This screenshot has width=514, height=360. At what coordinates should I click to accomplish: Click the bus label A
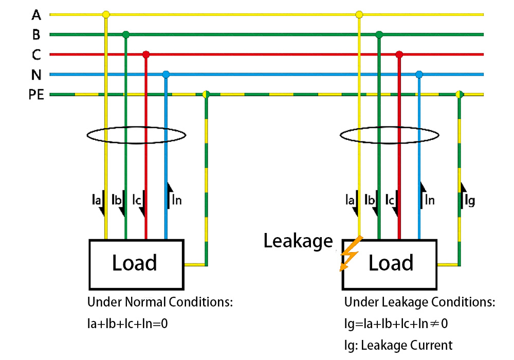(36, 14)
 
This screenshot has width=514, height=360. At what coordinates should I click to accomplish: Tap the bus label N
(36, 75)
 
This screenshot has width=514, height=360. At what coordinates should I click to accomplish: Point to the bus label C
(36, 55)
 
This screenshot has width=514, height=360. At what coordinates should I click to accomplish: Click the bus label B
(36, 34)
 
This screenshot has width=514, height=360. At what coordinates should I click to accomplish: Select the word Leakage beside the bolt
(298, 241)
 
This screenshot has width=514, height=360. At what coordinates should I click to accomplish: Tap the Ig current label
(469, 201)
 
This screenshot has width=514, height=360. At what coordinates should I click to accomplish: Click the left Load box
(137, 264)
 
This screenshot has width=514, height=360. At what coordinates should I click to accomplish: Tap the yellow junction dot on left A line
(106, 14)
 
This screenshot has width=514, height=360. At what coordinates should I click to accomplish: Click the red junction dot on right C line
(399, 55)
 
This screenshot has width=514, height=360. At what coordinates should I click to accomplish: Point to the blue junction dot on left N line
(166, 75)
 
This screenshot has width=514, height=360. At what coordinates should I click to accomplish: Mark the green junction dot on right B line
(379, 34)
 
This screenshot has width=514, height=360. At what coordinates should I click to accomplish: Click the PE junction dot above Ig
(459, 95)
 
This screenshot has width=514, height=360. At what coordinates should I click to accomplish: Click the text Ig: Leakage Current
(398, 345)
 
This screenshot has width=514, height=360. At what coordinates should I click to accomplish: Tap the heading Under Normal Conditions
(160, 302)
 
